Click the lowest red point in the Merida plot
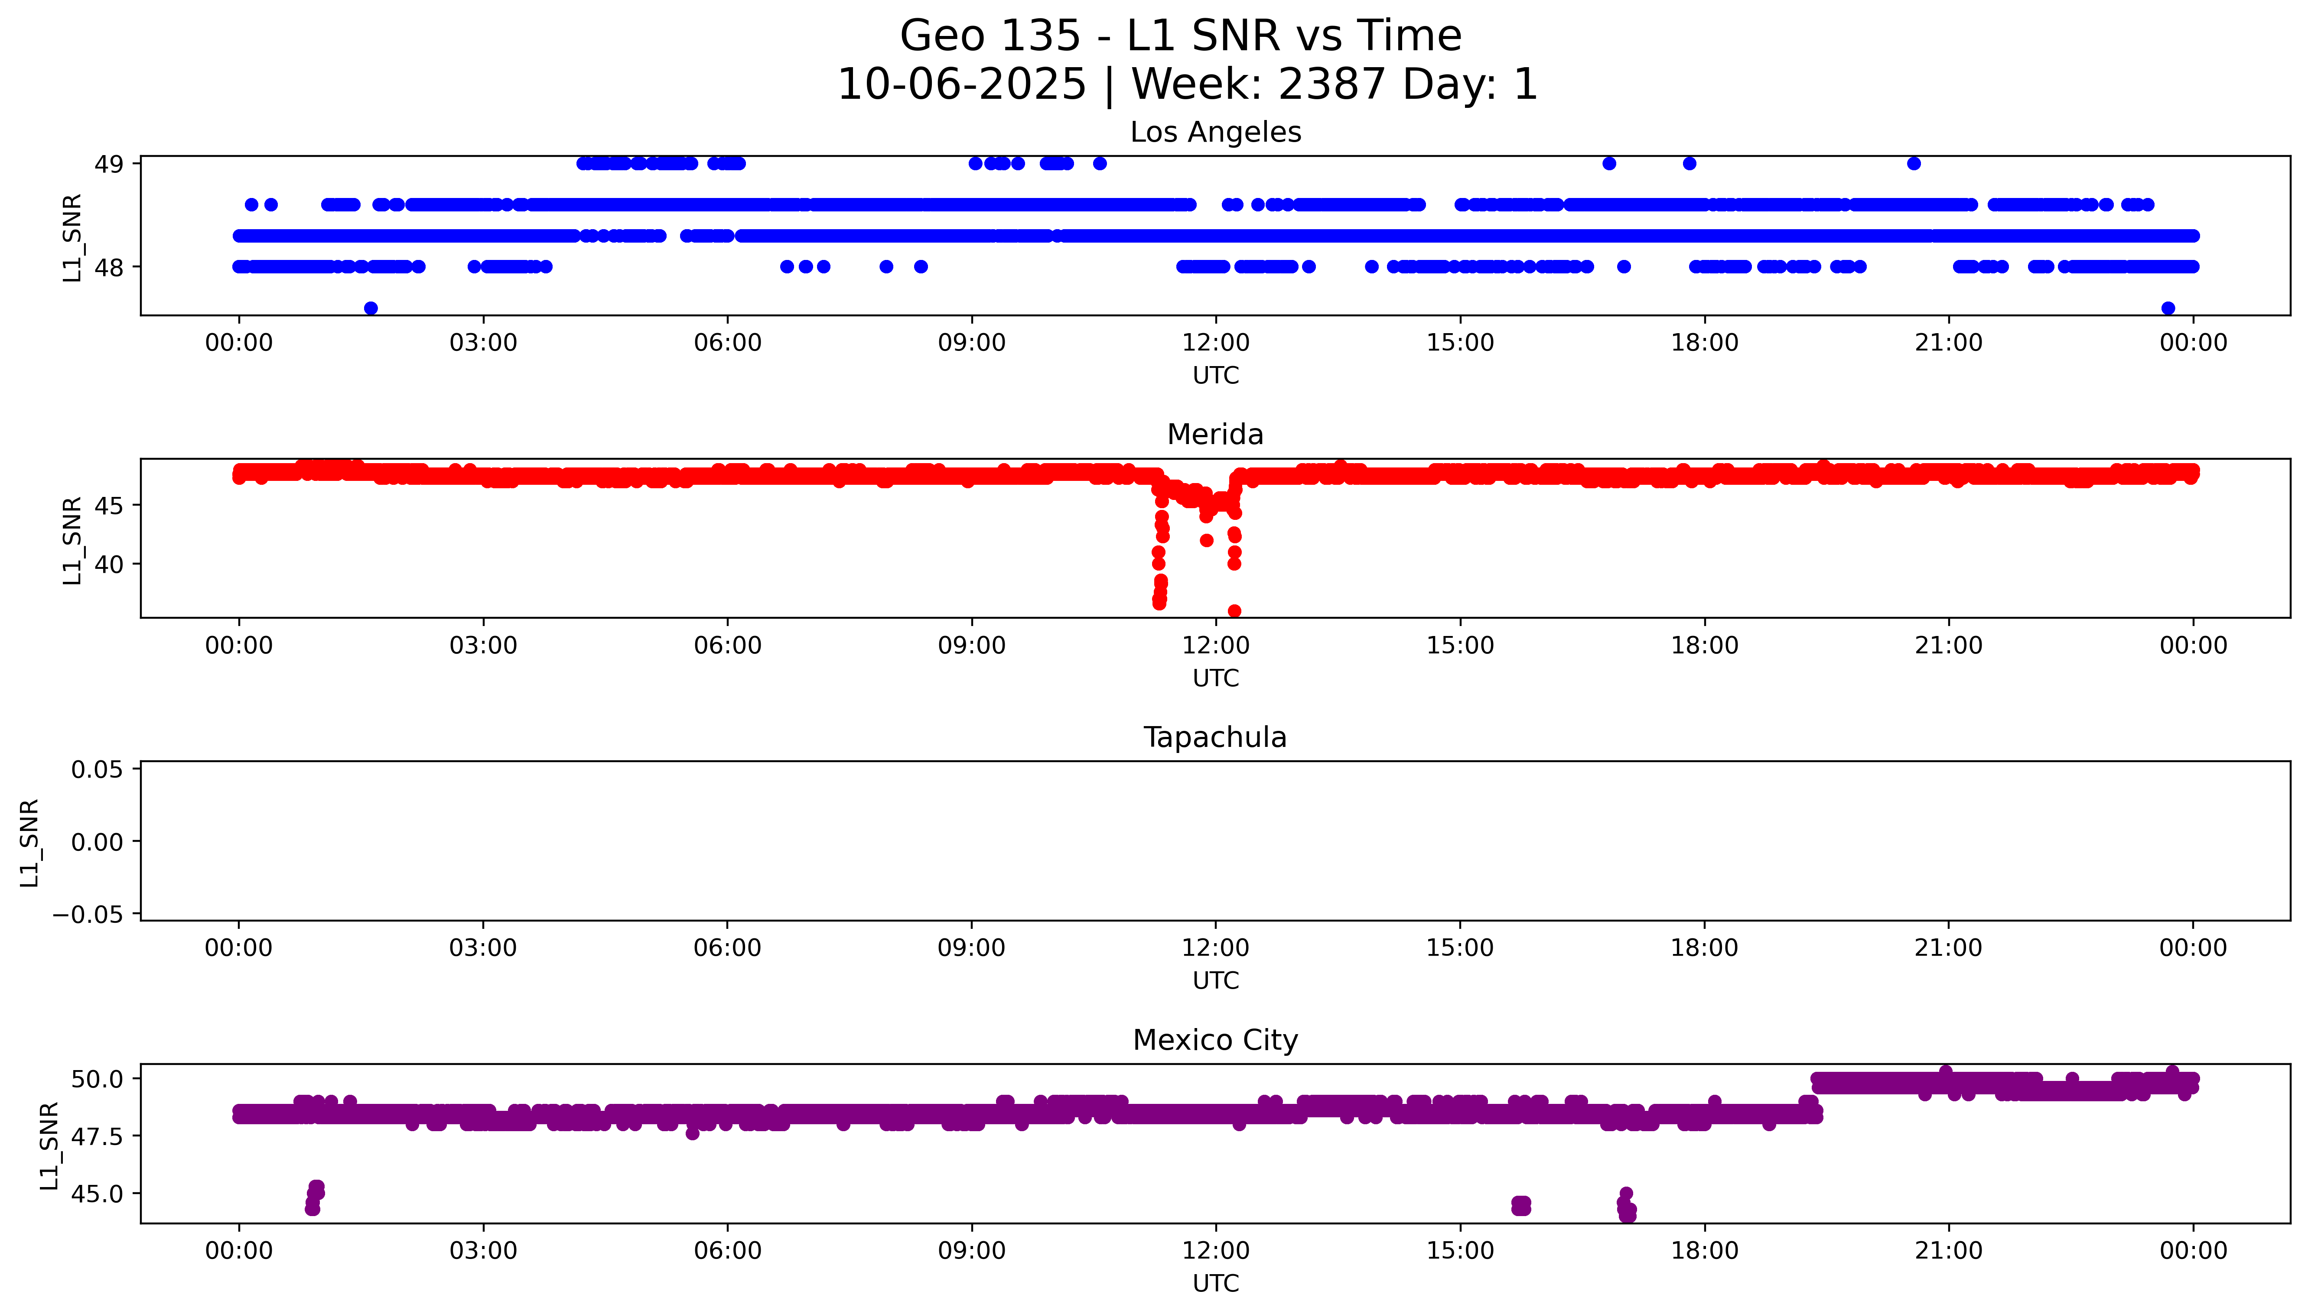pos(1235,611)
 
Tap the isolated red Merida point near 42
pos(1207,541)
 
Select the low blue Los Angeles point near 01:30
pos(371,308)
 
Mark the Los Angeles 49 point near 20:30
pos(1914,163)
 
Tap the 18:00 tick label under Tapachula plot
pos(1704,947)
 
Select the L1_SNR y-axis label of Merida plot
pos(72,540)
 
